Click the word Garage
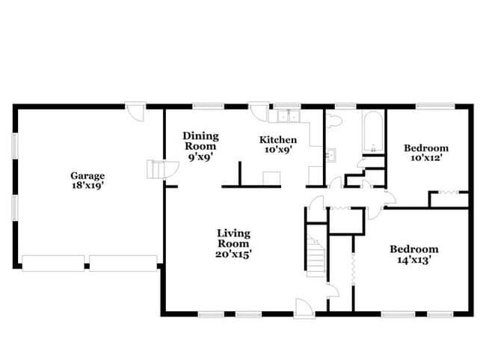(87, 176)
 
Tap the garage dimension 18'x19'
(87, 186)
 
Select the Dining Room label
(201, 141)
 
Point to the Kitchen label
(278, 140)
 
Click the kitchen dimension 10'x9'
(278, 150)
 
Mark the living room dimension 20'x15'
(233, 254)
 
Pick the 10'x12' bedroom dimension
(426, 158)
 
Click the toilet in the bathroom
(334, 120)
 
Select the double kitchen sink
(285, 117)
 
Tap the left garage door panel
(52, 263)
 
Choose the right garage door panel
(122, 263)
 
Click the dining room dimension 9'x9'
(201, 157)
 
